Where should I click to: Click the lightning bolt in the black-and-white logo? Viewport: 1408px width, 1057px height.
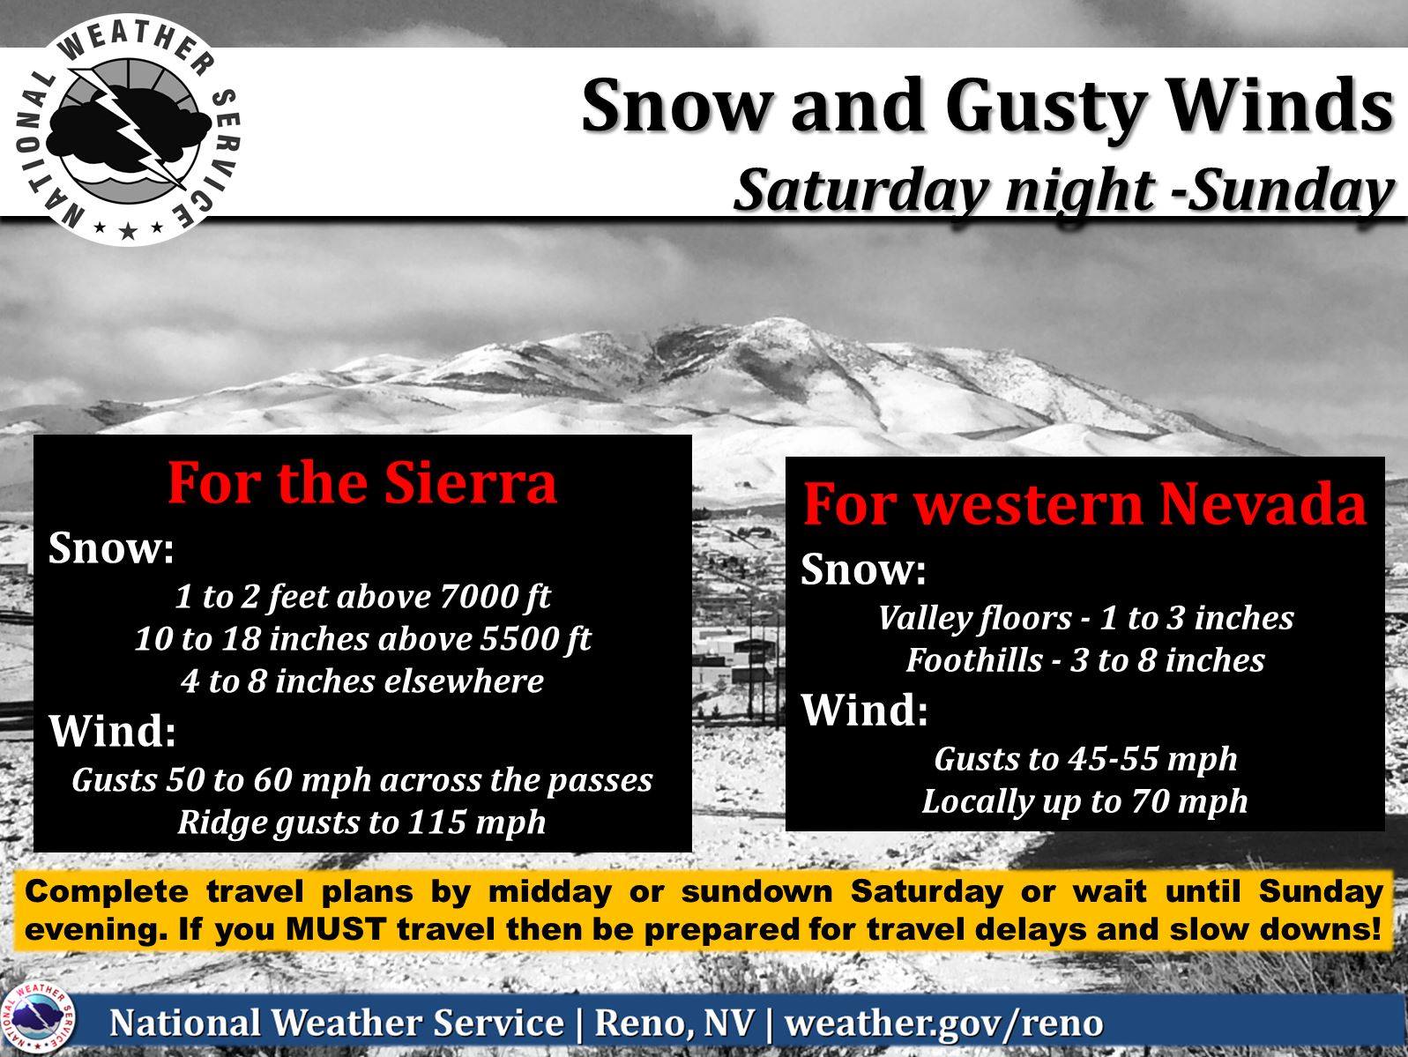click(x=131, y=129)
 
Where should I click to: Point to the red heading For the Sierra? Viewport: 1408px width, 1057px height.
click(x=362, y=484)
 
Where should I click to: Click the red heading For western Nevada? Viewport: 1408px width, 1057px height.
click(x=1084, y=505)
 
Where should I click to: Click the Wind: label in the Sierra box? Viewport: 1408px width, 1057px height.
click(x=112, y=731)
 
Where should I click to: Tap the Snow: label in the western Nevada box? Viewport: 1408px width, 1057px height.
click(x=863, y=569)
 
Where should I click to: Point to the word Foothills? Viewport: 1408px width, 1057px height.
click(x=974, y=660)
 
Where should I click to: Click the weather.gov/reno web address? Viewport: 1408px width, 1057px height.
click(x=943, y=1023)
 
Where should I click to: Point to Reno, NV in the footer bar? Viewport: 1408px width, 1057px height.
click(x=674, y=1023)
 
